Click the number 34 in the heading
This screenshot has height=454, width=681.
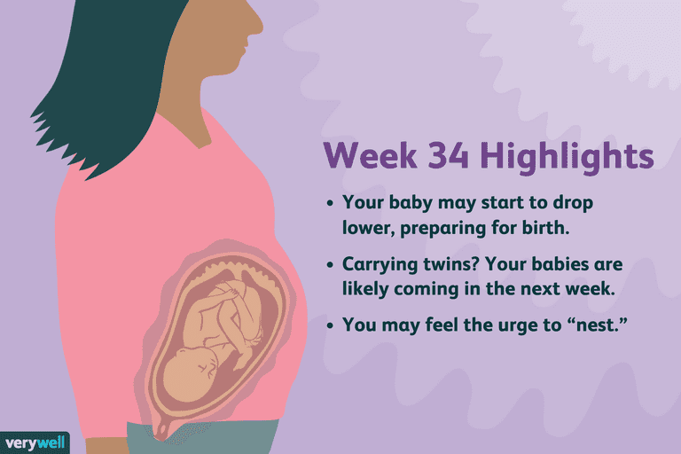coord(448,154)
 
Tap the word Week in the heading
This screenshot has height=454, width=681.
coord(371,154)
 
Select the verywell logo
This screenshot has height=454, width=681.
coord(35,442)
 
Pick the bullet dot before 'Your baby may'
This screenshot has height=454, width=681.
coord(331,203)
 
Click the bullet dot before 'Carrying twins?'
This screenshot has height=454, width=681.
coord(331,264)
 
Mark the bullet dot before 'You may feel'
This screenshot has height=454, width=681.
coord(331,325)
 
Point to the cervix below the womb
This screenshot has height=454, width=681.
coord(162,429)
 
